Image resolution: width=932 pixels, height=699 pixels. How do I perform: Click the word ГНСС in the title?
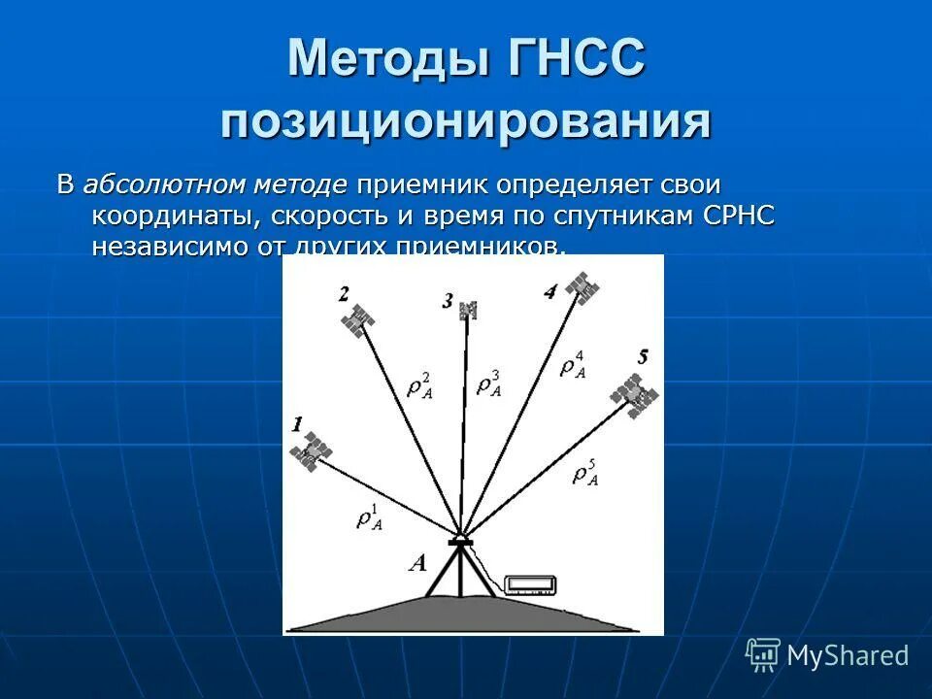(574, 60)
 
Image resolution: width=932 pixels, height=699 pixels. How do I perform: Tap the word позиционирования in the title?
(465, 124)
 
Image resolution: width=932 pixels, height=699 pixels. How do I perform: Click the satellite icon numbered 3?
(470, 310)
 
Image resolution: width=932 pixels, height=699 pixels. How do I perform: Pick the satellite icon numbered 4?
(582, 287)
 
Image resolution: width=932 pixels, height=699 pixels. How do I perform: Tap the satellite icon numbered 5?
(634, 395)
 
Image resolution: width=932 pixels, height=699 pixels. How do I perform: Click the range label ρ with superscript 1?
(370, 516)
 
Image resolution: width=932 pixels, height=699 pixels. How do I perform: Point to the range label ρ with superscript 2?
(420, 383)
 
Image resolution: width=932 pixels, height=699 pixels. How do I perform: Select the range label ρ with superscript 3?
(489, 383)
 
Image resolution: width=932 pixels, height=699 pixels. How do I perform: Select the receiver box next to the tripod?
(531, 584)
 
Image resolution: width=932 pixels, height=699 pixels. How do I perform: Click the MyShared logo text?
(848, 655)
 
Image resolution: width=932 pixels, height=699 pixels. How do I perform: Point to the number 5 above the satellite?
(642, 357)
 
